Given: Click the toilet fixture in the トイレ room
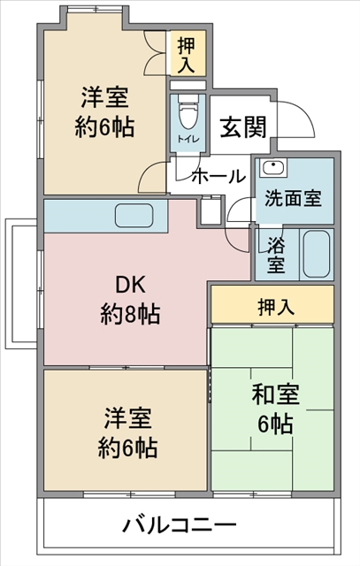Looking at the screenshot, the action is click(x=188, y=112).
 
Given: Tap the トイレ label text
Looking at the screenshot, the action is click(x=188, y=139).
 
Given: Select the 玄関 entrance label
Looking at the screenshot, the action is click(x=243, y=127).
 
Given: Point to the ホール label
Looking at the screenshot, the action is click(x=218, y=177).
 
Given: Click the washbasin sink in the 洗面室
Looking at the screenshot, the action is click(x=273, y=168).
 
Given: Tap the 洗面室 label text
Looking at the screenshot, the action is click(x=293, y=198).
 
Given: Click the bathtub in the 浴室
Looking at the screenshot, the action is click(x=317, y=254).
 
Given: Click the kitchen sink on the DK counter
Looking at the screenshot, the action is click(x=134, y=216).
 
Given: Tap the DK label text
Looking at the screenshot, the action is click(x=130, y=285).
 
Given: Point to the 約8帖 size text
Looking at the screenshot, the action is click(x=130, y=314).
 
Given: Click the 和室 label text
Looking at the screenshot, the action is click(x=276, y=394).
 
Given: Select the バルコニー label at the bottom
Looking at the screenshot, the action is click(x=180, y=524).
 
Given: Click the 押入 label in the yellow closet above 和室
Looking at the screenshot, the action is click(x=276, y=307).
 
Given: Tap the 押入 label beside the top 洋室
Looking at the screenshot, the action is click(x=187, y=55).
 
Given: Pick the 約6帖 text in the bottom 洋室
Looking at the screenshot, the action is click(x=128, y=447).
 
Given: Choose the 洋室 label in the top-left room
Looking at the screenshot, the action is click(x=104, y=97).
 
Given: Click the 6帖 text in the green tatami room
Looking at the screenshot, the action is click(x=275, y=424).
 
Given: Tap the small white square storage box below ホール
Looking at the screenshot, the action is click(x=211, y=210).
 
